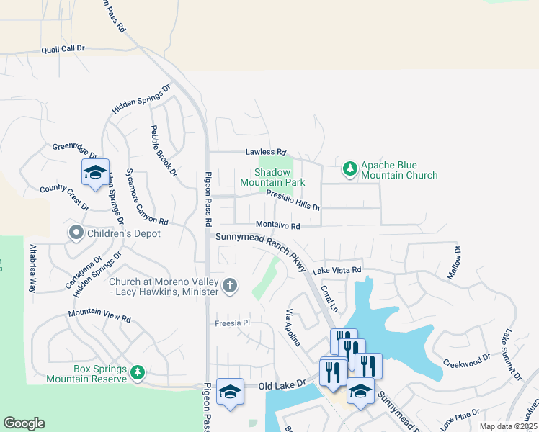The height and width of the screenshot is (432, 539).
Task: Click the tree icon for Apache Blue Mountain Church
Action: (x=349, y=169)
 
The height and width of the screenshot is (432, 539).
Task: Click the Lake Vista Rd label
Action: (x=336, y=269)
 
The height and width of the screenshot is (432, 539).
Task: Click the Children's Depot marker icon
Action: (x=76, y=233)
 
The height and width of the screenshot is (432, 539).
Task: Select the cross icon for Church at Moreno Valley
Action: (x=230, y=286)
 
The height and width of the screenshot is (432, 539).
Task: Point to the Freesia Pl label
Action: (x=231, y=323)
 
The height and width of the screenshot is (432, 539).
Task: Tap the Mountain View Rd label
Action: (x=99, y=315)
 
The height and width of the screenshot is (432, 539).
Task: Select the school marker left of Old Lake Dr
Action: (x=230, y=392)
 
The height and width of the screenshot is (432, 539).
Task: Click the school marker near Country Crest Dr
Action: (x=95, y=172)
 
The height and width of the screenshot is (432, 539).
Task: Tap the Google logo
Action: (x=24, y=423)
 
